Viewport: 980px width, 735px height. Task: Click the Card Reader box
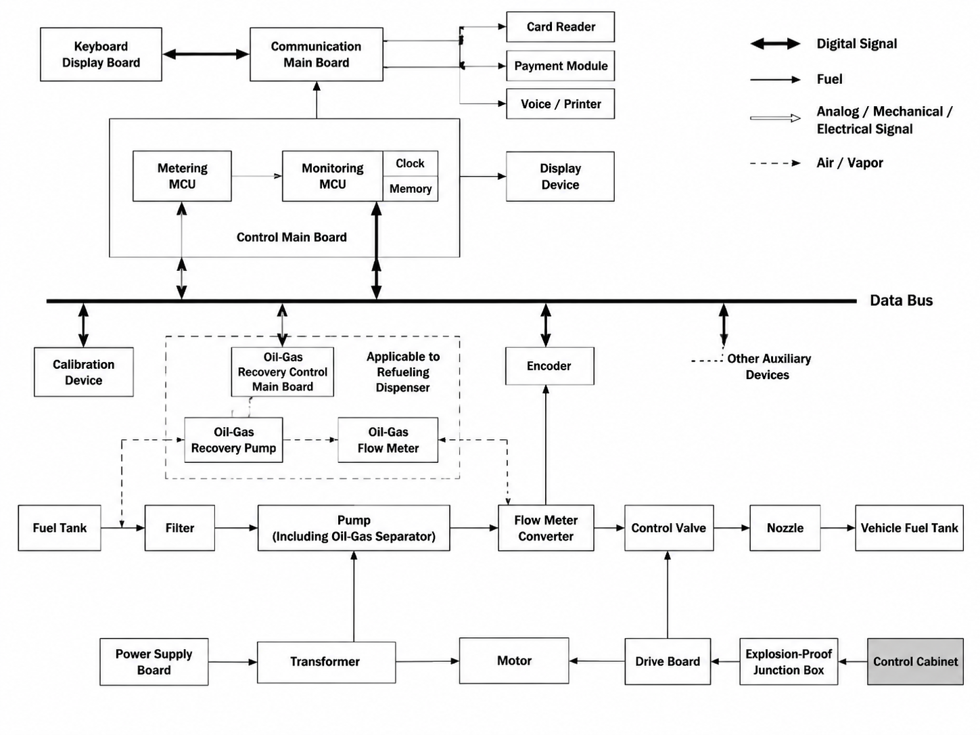560,27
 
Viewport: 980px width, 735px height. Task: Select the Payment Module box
560,66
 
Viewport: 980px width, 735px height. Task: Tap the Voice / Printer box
560,104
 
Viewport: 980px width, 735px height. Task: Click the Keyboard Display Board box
101,55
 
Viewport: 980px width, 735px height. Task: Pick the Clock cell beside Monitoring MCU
411,164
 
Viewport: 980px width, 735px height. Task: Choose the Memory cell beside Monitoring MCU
411,189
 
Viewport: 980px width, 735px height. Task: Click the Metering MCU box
182,176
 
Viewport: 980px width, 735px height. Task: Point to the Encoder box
550,366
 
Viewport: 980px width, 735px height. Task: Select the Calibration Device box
83,372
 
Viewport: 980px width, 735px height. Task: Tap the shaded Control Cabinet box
915,662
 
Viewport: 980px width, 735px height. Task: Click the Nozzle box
785,528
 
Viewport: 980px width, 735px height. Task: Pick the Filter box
179,528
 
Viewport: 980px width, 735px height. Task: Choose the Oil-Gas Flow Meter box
388,440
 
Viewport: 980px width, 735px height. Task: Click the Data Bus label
901,300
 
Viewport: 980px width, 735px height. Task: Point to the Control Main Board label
291,238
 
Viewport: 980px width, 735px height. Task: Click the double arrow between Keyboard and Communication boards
206,55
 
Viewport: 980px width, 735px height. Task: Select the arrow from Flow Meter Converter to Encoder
546,445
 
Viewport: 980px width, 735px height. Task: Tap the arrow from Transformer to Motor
427,661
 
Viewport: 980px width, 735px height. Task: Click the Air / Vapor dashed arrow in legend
776,163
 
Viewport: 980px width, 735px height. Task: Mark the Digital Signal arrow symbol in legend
776,44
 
